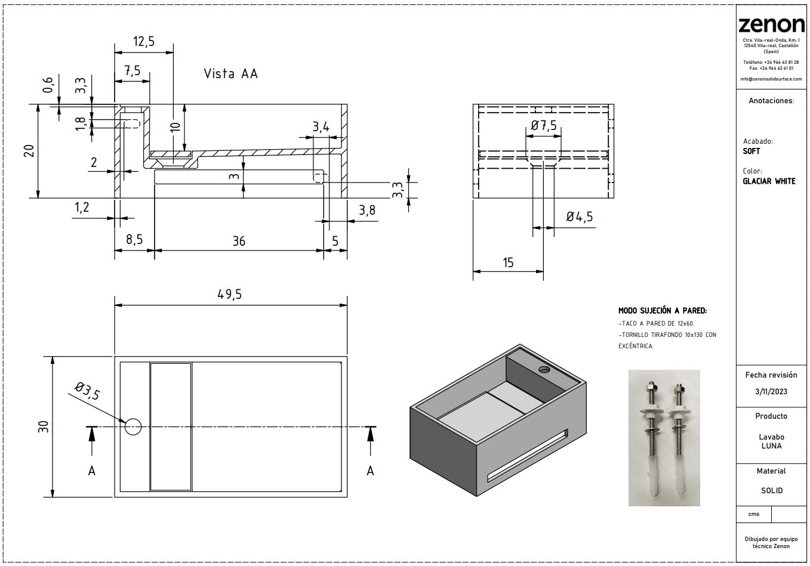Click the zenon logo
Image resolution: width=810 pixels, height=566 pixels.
click(x=771, y=24)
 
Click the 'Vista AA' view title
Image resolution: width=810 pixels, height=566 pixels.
click(x=230, y=74)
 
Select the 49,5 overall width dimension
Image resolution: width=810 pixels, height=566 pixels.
click(x=231, y=295)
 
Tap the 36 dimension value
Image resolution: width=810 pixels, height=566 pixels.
click(x=239, y=241)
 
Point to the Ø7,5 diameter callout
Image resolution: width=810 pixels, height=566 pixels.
click(x=543, y=125)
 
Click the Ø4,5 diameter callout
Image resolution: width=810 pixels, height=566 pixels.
click(x=579, y=217)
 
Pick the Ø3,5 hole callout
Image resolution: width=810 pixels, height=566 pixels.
click(x=87, y=392)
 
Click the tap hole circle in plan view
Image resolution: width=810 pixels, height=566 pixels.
click(x=133, y=426)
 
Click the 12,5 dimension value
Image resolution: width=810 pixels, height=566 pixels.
click(x=144, y=41)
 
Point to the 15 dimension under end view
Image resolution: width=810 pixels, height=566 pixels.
click(x=508, y=262)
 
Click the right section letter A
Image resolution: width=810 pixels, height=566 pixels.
click(x=370, y=471)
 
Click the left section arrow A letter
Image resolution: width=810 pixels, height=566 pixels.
click(x=91, y=471)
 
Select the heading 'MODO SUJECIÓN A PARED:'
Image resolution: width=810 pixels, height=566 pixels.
click(x=663, y=311)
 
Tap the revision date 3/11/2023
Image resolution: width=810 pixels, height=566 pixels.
click(x=771, y=391)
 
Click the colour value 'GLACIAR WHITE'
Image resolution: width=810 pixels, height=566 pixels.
click(x=769, y=181)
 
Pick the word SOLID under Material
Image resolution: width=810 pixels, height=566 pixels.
click(x=771, y=490)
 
